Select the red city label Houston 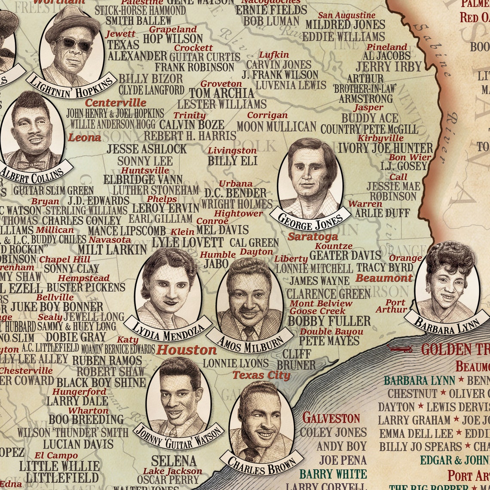pyautogui.click(x=186, y=349)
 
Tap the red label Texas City pyautogui.click(x=261, y=375)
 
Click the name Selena pyautogui.click(x=174, y=461)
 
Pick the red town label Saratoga pyautogui.click(x=313, y=236)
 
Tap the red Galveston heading pyautogui.click(x=331, y=417)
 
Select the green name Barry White pyautogui.click(x=333, y=474)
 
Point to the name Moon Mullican pyautogui.click(x=276, y=127)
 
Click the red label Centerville pyautogui.click(x=116, y=103)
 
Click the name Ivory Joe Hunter pyautogui.click(x=385, y=148)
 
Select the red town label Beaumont pyautogui.click(x=384, y=278)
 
